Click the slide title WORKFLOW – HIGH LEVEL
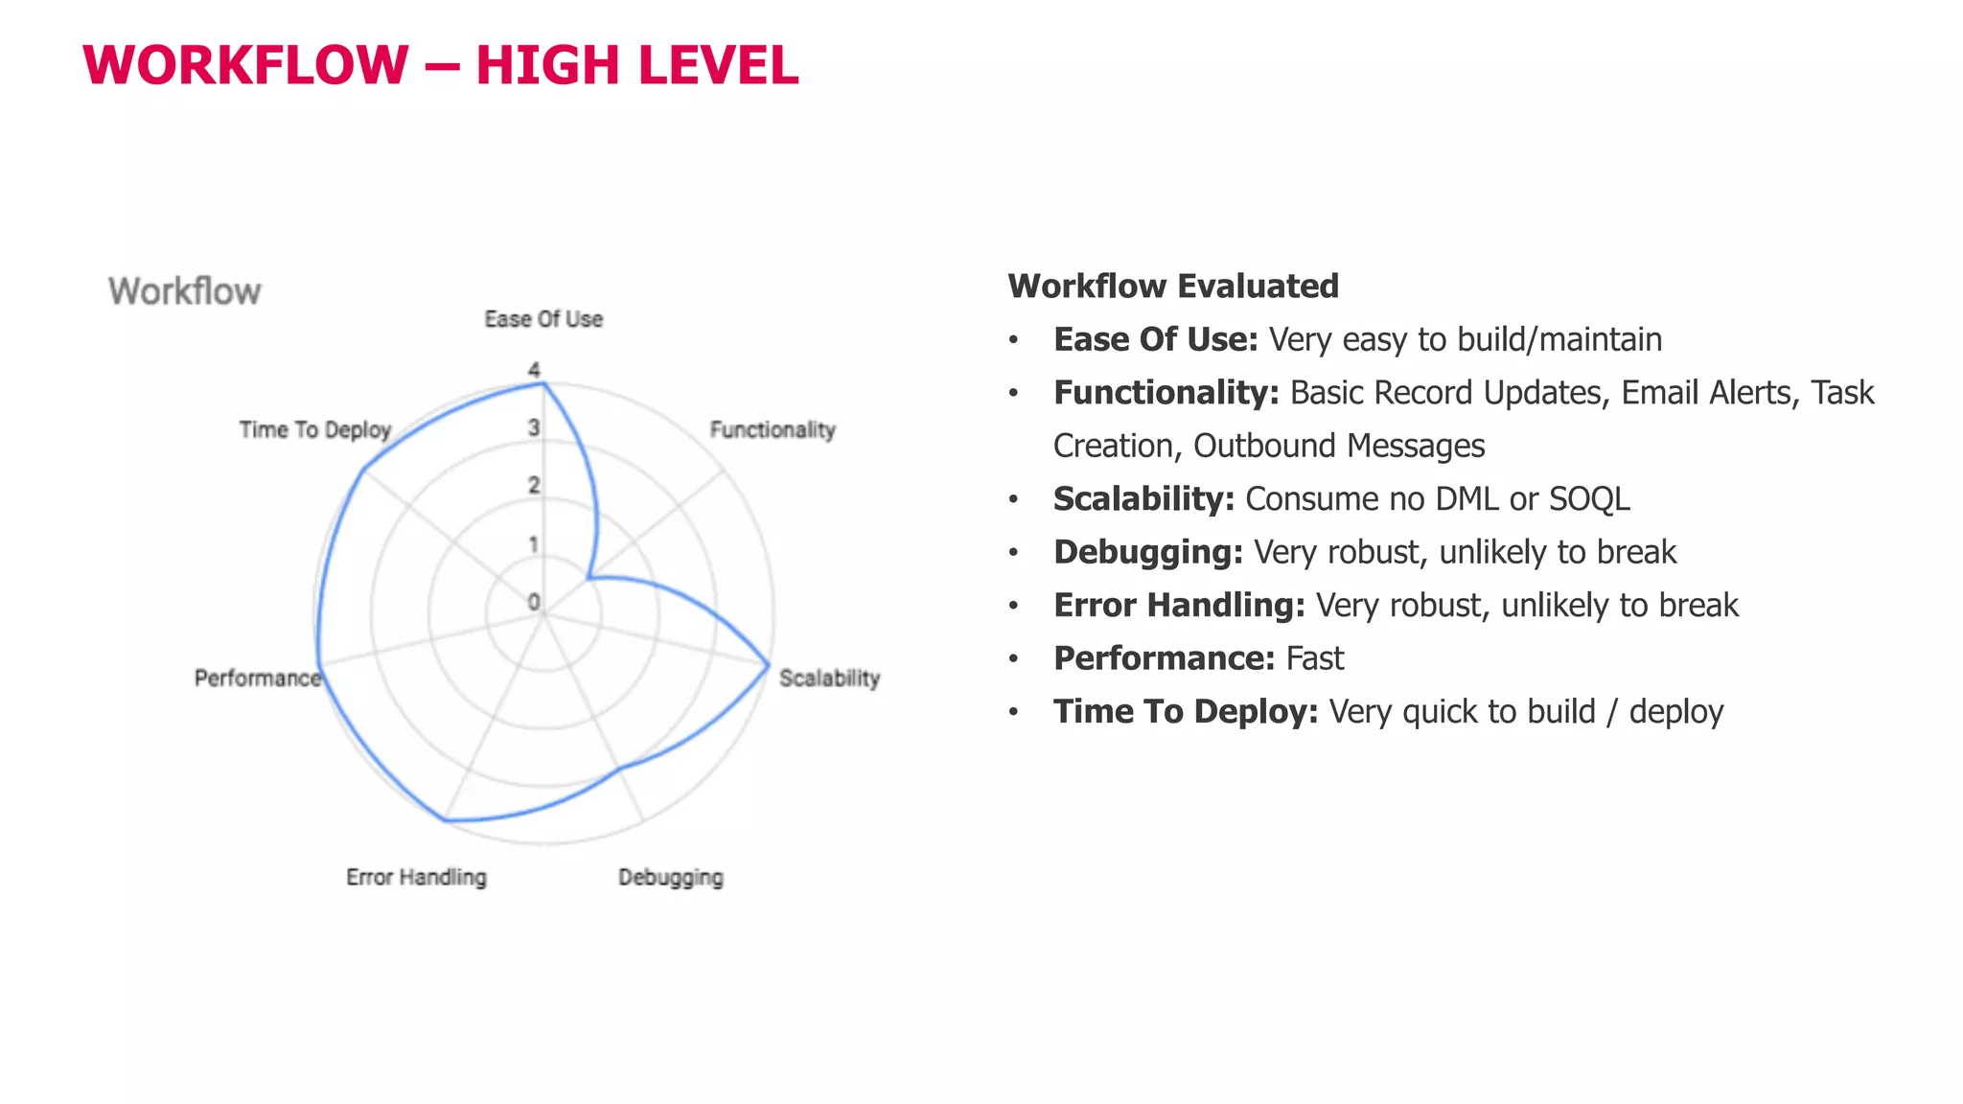[x=441, y=65]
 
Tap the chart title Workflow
[x=184, y=291]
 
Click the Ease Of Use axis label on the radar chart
[x=543, y=319]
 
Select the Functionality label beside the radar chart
[x=773, y=429]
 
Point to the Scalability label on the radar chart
[x=829, y=678]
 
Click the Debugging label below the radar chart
[x=671, y=877]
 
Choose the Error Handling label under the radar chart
[x=416, y=877]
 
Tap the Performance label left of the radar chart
[x=257, y=678]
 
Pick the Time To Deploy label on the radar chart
[x=315, y=429]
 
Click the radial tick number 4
[x=534, y=370]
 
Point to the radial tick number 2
[x=534, y=486]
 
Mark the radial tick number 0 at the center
[x=534, y=602]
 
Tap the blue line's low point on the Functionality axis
[x=589, y=578]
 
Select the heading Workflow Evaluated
[x=1173, y=286]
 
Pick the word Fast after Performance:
[x=1314, y=658]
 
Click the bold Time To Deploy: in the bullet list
[x=1186, y=711]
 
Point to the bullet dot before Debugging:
[x=1013, y=553]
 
